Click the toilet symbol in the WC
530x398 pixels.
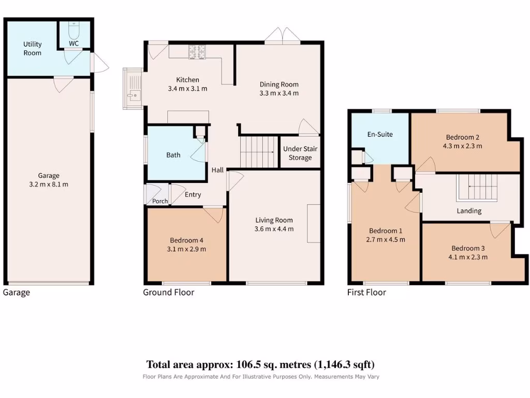tap(73, 31)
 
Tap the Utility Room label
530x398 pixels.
tap(33, 48)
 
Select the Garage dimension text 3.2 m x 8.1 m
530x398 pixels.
tap(49, 184)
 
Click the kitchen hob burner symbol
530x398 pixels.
tap(197, 52)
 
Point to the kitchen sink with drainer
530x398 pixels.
tap(133, 89)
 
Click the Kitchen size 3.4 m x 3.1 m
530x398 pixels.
tap(187, 89)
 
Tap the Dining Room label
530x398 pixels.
tap(279, 84)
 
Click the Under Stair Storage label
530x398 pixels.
tap(300, 153)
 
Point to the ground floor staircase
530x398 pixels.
tap(259, 152)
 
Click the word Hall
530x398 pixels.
tap(217, 170)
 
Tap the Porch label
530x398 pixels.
tap(160, 201)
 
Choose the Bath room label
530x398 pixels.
tap(173, 155)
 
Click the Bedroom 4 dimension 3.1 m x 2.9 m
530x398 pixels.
tap(186, 249)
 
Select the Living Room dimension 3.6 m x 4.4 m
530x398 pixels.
tap(274, 229)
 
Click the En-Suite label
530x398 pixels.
tap(380, 134)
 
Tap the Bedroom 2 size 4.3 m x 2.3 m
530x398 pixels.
tap(462, 146)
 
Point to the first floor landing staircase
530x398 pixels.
tap(477, 188)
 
